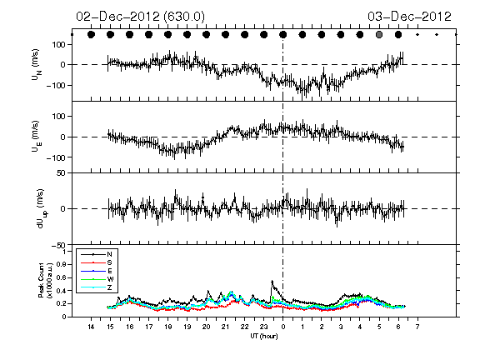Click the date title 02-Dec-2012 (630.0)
[x=140, y=17]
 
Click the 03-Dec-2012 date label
[x=409, y=17]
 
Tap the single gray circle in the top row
[x=379, y=35]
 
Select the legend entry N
[x=109, y=254]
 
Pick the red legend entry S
[x=109, y=262]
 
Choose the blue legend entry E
[x=110, y=271]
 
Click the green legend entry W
[x=110, y=279]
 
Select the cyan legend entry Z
[x=109, y=287]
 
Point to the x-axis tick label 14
[x=91, y=327]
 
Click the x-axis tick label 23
[x=263, y=327]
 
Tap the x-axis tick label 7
[x=417, y=327]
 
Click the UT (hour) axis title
[x=264, y=336]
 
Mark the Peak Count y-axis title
[x=45, y=280]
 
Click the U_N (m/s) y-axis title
[x=37, y=65]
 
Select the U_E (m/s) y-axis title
[x=37, y=136]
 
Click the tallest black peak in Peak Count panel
[x=272, y=281]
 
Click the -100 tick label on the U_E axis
[x=56, y=157]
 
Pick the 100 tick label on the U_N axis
[x=59, y=45]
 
